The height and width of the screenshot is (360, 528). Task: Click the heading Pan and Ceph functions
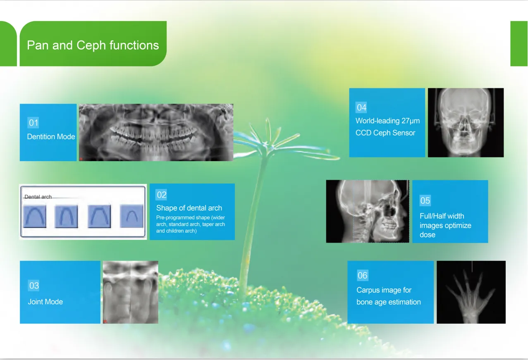(93, 45)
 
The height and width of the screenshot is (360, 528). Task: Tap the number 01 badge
(33, 122)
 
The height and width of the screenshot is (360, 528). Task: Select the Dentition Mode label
(51, 136)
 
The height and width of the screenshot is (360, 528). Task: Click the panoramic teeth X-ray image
(156, 132)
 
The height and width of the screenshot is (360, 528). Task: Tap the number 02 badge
(162, 195)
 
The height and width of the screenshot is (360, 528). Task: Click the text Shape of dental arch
(189, 208)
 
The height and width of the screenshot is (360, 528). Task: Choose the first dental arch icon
(35, 216)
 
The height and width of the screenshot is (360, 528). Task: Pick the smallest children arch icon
(131, 216)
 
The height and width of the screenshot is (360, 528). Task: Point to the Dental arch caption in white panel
(38, 197)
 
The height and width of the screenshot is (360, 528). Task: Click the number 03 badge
(34, 286)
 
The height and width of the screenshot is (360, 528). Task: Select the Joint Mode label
(45, 302)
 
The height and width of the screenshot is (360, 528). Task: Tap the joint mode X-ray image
(131, 292)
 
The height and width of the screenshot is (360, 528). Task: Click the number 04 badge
(361, 107)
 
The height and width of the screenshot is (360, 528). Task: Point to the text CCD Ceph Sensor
(385, 133)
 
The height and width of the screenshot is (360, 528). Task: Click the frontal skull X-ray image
(466, 122)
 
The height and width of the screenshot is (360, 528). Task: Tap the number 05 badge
(425, 200)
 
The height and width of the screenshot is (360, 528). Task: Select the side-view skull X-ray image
(368, 211)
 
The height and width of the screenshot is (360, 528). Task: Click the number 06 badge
(362, 275)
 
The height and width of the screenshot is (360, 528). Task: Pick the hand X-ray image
(471, 292)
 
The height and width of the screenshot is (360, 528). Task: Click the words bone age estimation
(389, 302)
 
